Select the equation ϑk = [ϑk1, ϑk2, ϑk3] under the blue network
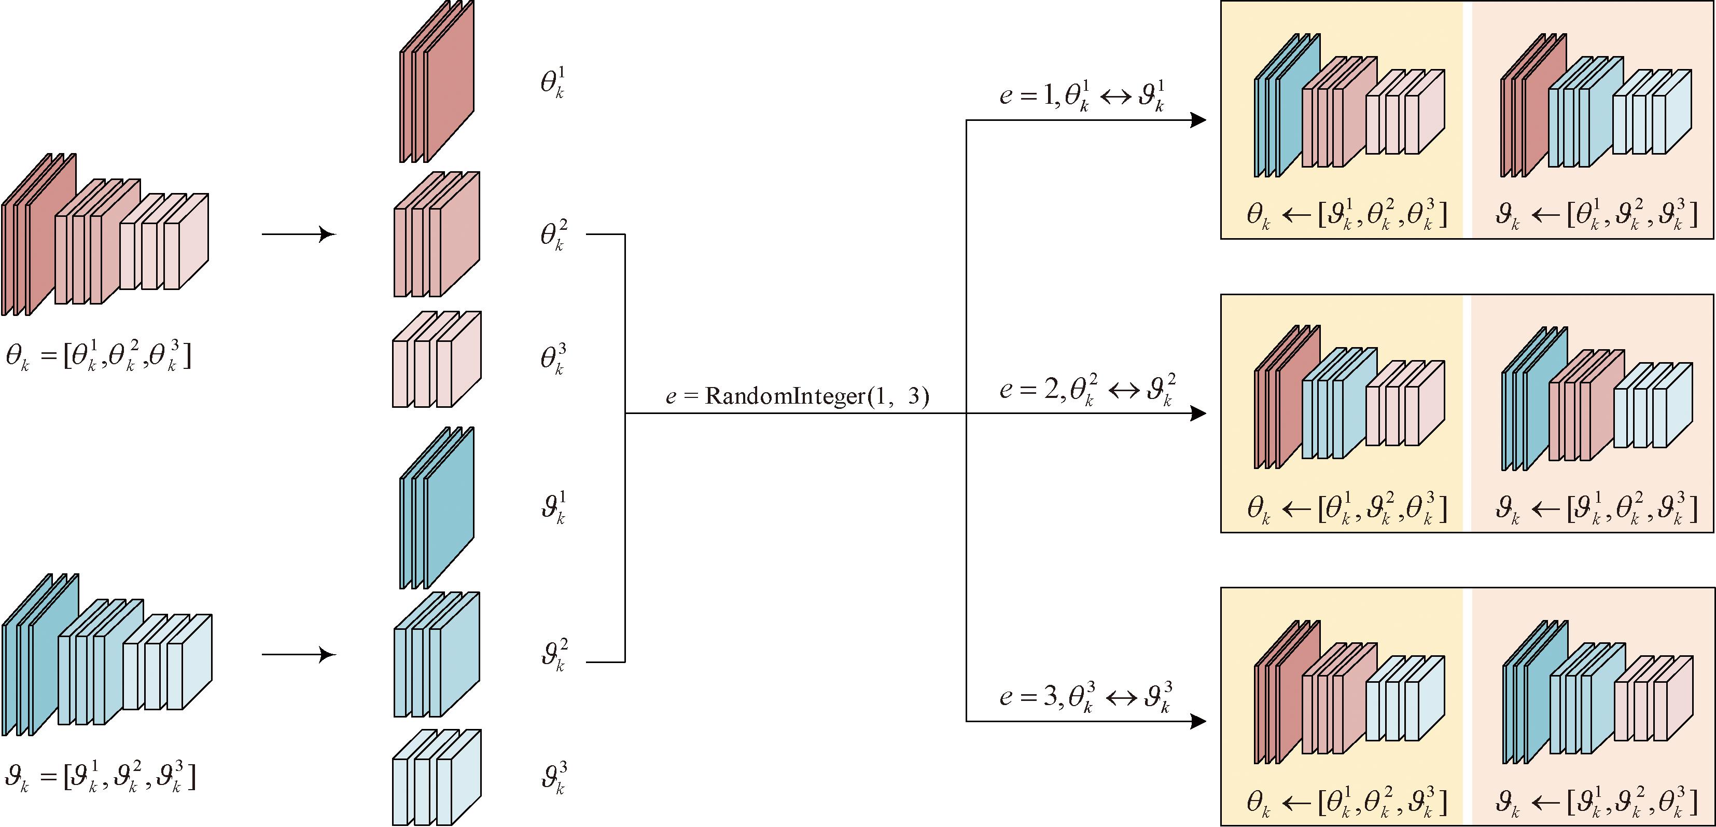(x=100, y=776)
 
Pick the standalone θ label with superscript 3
(x=553, y=359)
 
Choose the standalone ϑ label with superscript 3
(x=553, y=778)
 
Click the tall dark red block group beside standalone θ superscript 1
(x=436, y=81)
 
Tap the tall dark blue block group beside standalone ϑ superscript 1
(x=436, y=508)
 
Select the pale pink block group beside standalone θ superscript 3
(x=436, y=359)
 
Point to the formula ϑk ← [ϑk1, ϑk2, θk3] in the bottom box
(x=1595, y=802)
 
